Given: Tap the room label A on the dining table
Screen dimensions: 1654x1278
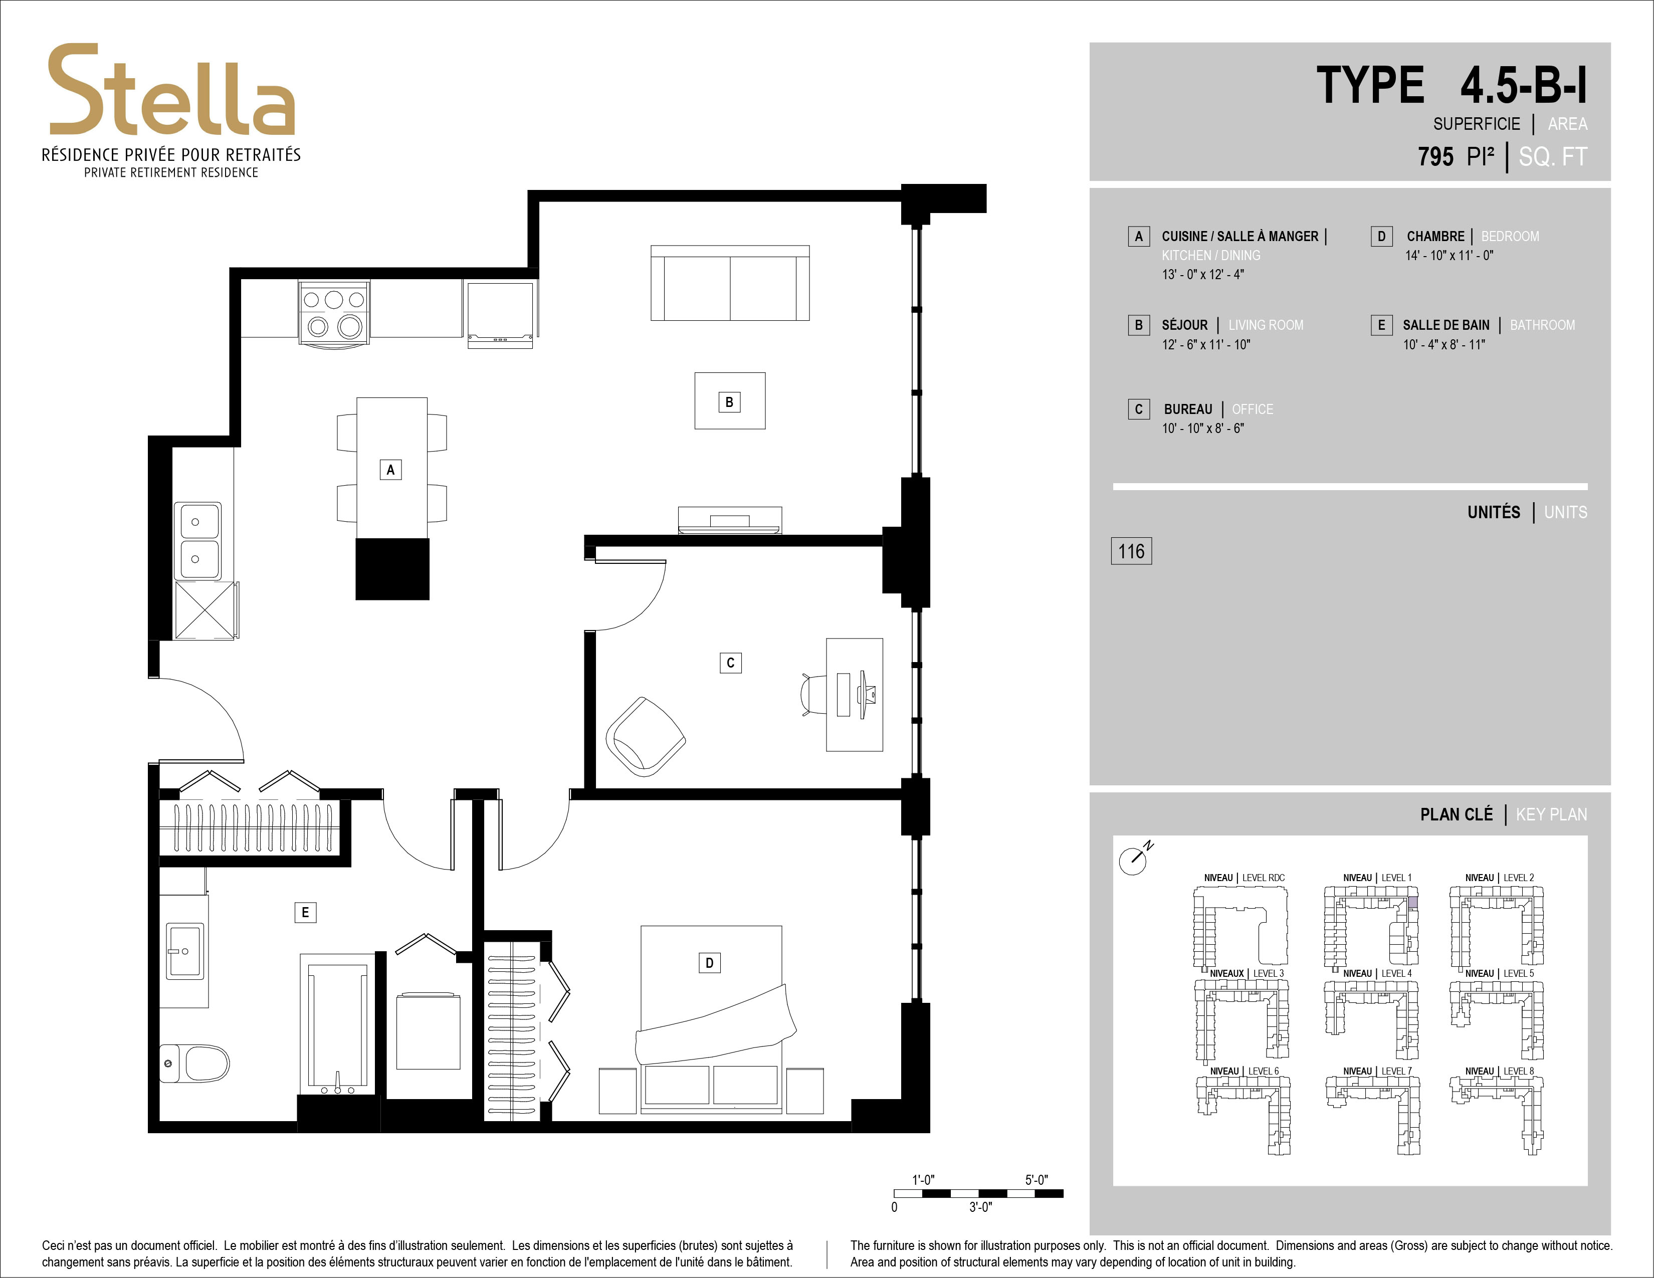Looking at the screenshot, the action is [390, 470].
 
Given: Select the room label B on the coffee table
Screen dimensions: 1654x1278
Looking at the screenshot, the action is [729, 402].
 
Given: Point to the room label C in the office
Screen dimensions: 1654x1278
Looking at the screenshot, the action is [730, 663].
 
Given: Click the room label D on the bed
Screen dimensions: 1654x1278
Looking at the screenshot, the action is [709, 963].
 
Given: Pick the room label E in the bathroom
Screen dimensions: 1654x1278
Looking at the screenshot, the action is [305, 912].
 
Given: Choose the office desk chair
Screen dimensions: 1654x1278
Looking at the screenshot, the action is [812, 694].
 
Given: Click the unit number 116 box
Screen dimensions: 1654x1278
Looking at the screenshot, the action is [1131, 551].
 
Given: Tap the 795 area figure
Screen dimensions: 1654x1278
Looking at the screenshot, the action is [1436, 157].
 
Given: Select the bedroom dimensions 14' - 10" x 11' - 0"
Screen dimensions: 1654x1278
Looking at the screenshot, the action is [1449, 256].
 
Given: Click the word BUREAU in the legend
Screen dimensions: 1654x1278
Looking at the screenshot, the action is [1187, 409].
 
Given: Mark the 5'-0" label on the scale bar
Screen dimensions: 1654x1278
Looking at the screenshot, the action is [1036, 1180].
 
